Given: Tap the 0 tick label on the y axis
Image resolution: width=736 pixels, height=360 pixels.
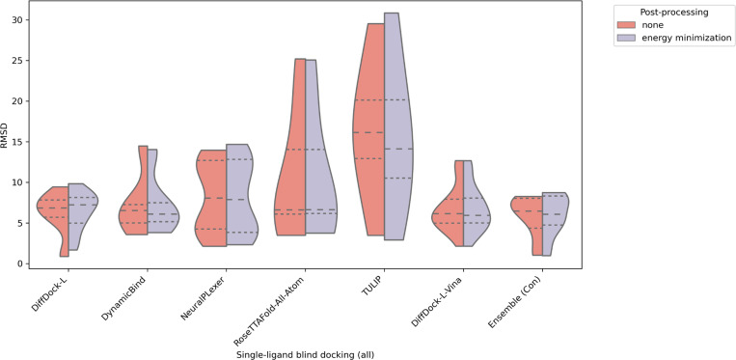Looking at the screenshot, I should pyautogui.click(x=20, y=263).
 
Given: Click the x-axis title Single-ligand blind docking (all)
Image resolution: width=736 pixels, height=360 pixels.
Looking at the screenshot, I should pyautogui.click(x=305, y=353).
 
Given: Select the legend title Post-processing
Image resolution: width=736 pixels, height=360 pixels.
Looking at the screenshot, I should pyautogui.click(x=672, y=13).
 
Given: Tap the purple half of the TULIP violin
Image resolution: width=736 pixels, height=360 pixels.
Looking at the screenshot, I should pyautogui.click(x=395, y=145).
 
